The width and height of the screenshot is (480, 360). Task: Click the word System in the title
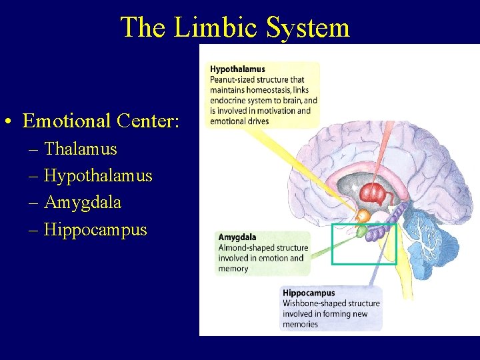(308, 27)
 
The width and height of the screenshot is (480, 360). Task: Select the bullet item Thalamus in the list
(80, 149)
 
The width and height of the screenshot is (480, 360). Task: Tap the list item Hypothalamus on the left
(98, 176)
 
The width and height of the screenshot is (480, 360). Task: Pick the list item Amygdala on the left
(83, 202)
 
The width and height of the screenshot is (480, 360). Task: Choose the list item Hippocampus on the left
(95, 229)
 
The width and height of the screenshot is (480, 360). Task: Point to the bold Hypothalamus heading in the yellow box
(237, 69)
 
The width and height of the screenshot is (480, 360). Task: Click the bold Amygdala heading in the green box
(237, 237)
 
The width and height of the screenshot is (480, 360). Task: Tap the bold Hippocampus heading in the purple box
(309, 293)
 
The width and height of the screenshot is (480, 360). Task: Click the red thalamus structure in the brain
(373, 194)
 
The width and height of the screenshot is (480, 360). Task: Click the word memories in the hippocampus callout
(301, 325)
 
